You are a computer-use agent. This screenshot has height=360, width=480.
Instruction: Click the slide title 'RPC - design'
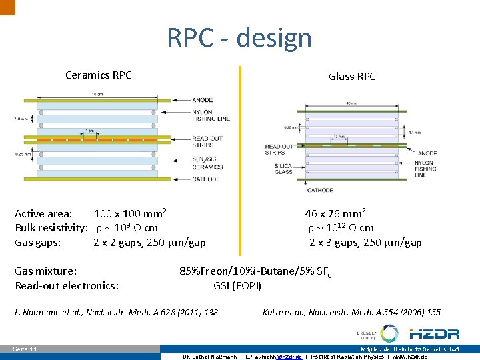tap(239, 37)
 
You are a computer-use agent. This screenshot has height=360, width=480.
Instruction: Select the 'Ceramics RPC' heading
tap(98, 75)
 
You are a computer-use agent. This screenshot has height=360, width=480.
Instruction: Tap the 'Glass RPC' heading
tap(352, 76)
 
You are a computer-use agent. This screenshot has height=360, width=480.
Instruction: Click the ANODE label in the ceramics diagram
tap(200, 101)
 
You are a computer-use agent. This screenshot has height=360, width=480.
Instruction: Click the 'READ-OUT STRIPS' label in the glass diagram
tap(279, 149)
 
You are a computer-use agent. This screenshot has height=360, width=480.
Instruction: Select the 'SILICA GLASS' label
tap(283, 169)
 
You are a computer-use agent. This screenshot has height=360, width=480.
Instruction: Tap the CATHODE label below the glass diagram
tap(320, 191)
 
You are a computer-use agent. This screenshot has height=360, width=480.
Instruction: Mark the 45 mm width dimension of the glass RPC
tap(351, 103)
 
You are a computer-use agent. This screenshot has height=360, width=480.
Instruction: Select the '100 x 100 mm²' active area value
tap(129, 214)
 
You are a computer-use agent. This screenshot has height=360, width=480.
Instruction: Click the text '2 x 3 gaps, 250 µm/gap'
tap(365, 243)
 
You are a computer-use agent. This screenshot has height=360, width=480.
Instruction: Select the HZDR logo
tap(434, 333)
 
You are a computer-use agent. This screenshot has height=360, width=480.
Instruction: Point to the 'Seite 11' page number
tap(25, 349)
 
